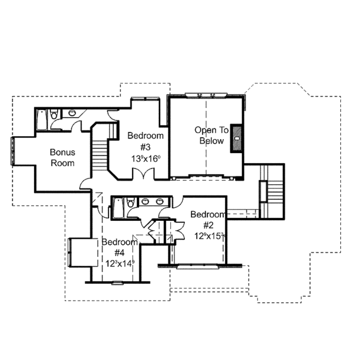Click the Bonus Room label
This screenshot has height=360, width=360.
[62, 157]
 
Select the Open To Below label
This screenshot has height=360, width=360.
[209, 135]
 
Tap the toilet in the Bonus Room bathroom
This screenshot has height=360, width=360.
[55, 114]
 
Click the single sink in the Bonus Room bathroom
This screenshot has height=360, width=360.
[72, 112]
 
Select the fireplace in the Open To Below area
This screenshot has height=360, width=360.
[238, 137]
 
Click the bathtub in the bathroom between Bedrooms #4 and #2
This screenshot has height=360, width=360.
[118, 209]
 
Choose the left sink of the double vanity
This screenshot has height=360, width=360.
[146, 202]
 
